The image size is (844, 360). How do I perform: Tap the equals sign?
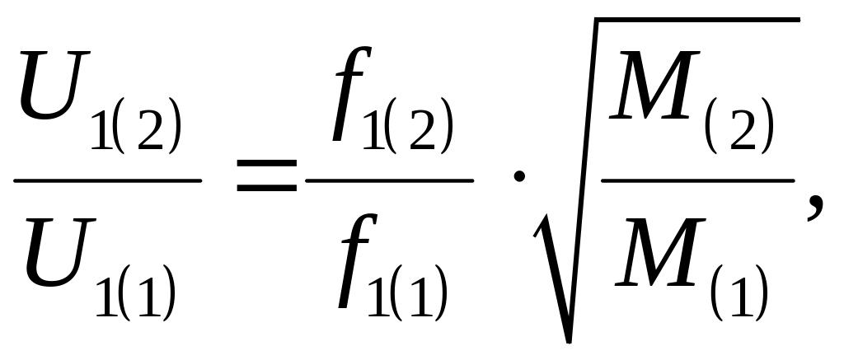(x=266, y=178)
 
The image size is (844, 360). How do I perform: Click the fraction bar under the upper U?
(x=108, y=179)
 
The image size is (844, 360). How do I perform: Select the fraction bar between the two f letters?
(x=391, y=179)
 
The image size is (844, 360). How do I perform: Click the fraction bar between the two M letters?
(x=697, y=179)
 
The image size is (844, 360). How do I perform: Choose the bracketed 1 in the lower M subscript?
(x=747, y=293)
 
